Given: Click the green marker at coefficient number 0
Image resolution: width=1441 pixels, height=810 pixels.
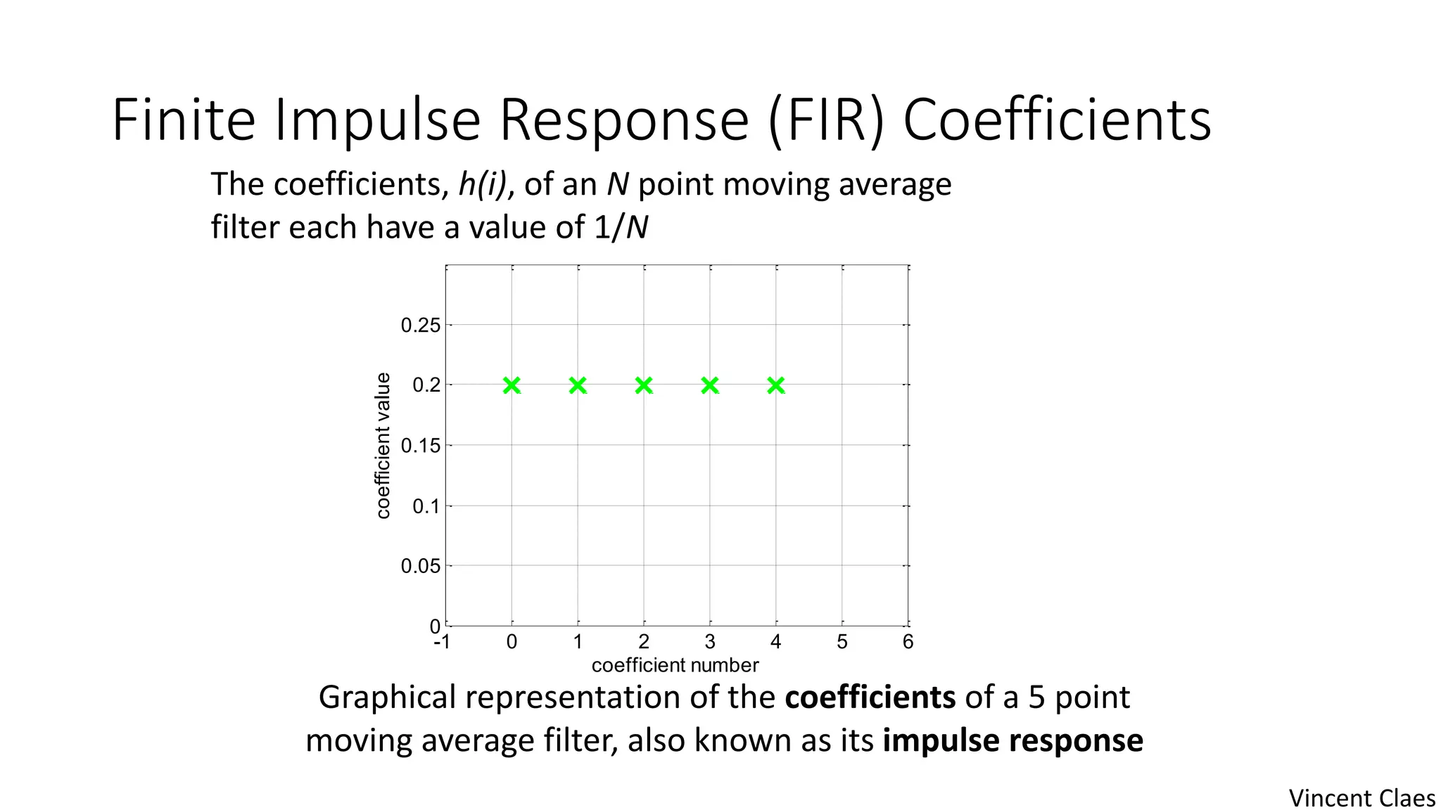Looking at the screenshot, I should click(512, 385).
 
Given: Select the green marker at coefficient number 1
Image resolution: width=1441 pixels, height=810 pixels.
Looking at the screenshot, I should click(578, 385).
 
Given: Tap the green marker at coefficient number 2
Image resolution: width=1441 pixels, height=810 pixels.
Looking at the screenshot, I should click(644, 385).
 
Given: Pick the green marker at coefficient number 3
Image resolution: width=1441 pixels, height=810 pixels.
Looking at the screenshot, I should click(710, 385).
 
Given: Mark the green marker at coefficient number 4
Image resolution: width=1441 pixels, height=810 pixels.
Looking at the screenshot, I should click(776, 385).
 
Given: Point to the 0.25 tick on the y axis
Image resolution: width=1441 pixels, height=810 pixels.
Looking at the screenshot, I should click(420, 326).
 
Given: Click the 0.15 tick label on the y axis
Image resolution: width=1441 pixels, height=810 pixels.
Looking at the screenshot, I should click(420, 446).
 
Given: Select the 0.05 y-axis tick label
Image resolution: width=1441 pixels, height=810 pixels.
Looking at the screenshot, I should click(420, 566).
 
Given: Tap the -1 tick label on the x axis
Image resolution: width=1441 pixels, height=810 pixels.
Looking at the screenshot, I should click(442, 642).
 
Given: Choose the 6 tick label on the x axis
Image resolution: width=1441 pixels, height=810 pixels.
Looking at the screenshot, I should click(908, 642).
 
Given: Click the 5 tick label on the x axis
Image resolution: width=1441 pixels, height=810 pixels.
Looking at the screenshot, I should click(842, 642).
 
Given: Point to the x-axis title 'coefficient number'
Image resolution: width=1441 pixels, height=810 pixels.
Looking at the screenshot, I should click(675, 665).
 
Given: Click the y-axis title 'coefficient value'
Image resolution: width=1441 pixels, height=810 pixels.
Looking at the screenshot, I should click(383, 446).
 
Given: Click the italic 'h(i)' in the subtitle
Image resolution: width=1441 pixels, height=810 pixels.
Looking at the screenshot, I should click(482, 184).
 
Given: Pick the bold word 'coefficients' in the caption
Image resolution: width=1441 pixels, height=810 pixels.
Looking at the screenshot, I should click(870, 697).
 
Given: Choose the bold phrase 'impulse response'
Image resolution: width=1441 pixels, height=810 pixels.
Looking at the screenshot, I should click(1012, 740).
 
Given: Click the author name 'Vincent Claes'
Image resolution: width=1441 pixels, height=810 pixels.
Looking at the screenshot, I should click(1361, 798).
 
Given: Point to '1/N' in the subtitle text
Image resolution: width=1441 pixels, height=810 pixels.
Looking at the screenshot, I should click(621, 227).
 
